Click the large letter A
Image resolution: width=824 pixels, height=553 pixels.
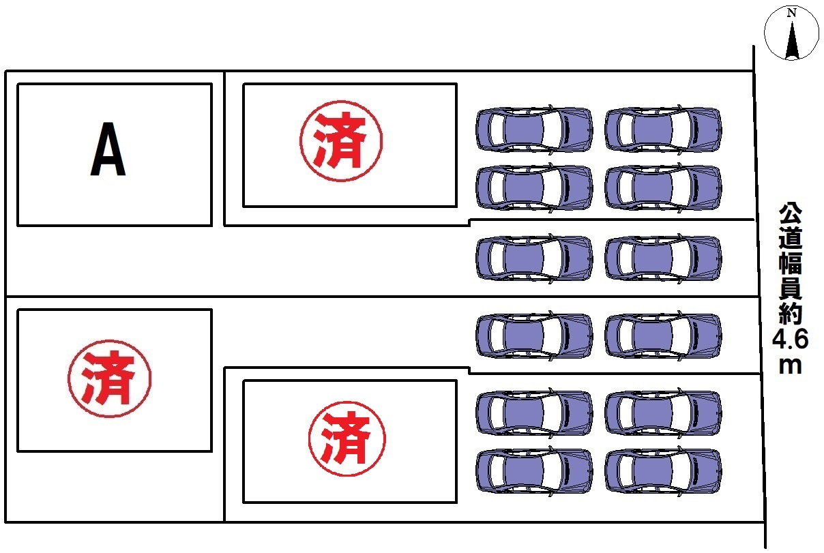(x=108, y=150)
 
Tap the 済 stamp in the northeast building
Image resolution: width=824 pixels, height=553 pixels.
(x=341, y=140)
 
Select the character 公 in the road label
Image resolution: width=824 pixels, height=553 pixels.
(x=791, y=213)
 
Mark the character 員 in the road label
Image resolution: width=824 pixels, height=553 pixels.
(x=791, y=287)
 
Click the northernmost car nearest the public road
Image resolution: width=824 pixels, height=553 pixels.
(x=663, y=129)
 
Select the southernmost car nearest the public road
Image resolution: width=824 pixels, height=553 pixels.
(x=663, y=470)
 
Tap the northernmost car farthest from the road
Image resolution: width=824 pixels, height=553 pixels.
(x=534, y=129)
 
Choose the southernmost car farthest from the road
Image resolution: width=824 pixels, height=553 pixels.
(x=534, y=470)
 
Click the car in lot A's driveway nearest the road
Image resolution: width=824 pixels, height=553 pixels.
(x=663, y=258)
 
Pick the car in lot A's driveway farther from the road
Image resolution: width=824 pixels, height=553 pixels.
(x=534, y=258)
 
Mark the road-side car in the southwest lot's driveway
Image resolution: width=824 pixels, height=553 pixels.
(x=663, y=335)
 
